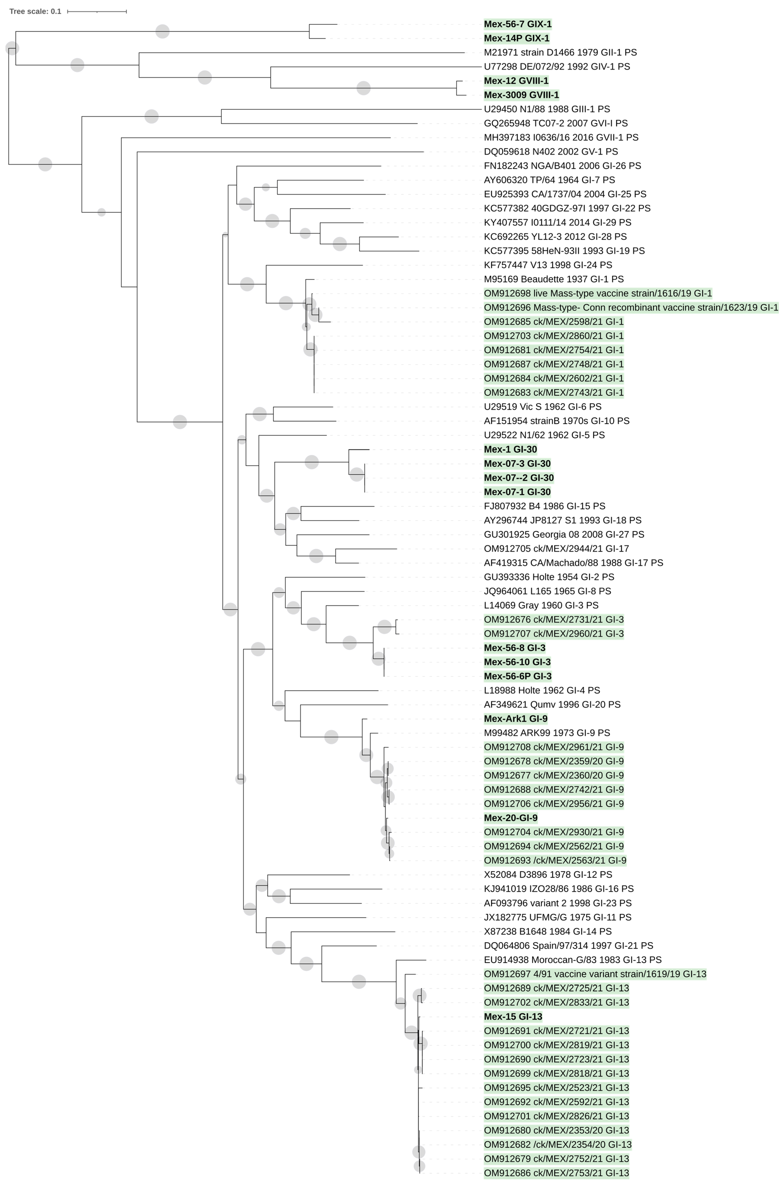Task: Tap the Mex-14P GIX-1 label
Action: (516, 38)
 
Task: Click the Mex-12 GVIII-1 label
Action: (516, 81)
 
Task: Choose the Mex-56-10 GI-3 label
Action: (517, 662)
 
